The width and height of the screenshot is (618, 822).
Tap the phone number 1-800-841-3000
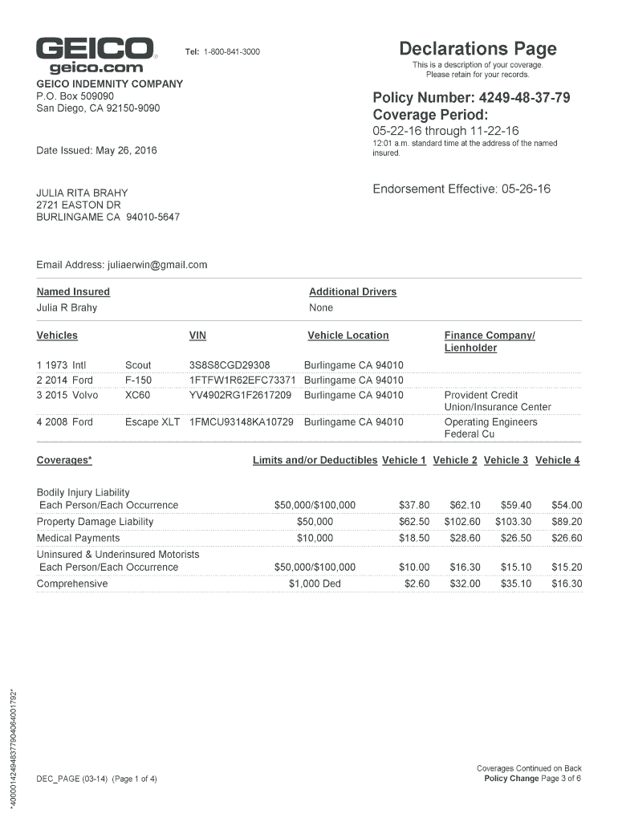(231, 52)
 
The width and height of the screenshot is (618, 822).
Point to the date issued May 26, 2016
(97, 150)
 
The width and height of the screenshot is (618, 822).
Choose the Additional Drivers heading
(352, 292)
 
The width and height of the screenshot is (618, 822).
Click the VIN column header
(197, 336)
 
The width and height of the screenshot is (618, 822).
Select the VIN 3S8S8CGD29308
(230, 365)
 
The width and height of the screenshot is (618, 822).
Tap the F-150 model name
(138, 380)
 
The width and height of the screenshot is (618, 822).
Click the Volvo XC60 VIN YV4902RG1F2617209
(240, 395)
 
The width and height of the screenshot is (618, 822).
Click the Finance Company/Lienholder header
(489, 341)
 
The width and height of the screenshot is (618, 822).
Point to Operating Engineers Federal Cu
(490, 428)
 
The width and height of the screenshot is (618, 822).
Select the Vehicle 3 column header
(506, 460)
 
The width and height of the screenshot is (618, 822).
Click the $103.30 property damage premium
(513, 522)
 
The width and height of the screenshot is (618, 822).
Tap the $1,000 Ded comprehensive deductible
(315, 584)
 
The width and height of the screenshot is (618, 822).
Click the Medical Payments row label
(78, 538)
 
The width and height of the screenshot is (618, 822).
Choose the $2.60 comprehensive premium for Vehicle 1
(417, 584)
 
